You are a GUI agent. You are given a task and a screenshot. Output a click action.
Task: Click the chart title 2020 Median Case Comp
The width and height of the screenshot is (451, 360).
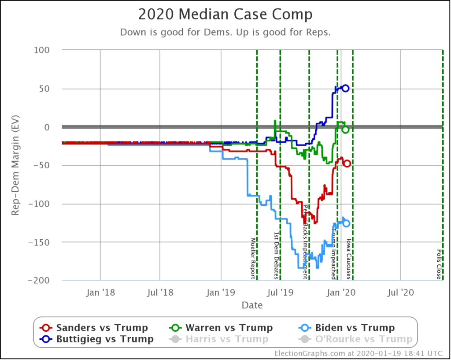coord(225,14)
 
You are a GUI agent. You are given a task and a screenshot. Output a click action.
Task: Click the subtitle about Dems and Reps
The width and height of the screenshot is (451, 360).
coord(225,33)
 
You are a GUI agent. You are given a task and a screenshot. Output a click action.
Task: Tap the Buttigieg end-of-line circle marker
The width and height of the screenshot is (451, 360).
coord(346,88)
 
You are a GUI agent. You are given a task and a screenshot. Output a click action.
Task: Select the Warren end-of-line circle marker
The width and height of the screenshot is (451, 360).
coord(346,130)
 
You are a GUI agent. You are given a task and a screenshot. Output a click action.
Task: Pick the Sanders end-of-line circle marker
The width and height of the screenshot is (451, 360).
coord(347,163)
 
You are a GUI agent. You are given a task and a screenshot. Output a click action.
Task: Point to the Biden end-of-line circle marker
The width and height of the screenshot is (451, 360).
coord(346,223)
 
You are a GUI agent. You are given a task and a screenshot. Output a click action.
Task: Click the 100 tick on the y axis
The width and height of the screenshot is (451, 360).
coord(42,50)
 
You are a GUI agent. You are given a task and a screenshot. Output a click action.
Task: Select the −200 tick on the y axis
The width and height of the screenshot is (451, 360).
coord(39,281)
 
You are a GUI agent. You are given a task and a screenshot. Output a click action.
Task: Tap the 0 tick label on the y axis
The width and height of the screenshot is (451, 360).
coord(46,127)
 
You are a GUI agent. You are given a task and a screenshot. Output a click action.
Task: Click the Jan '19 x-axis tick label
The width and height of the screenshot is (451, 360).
coord(221,291)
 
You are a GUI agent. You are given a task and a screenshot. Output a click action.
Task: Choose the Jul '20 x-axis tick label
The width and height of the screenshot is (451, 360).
coord(400,291)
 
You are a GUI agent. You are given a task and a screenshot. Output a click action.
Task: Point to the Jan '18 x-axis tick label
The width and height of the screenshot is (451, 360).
coord(100,291)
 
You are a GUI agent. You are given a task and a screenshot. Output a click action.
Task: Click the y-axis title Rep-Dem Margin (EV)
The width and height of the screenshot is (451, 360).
coord(15,165)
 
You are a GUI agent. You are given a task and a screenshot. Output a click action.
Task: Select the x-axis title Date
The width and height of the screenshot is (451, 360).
coord(252,305)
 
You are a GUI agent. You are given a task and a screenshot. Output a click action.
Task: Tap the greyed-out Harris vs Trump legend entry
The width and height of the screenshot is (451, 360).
coord(221,339)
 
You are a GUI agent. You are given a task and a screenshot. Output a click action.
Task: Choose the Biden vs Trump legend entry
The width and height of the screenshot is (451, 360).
coord(349,327)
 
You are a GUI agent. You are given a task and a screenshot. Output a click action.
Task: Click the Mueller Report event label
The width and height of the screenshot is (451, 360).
coord(253,258)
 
